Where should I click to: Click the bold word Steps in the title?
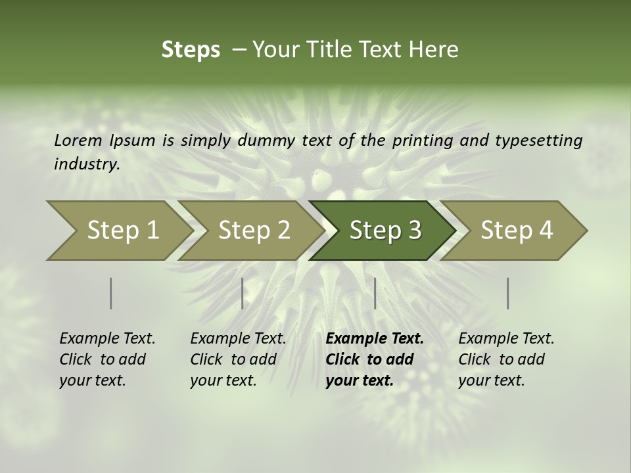tap(191, 50)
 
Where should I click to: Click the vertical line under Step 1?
tap(111, 293)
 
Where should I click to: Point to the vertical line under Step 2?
tap(243, 293)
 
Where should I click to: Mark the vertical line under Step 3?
tap(375, 293)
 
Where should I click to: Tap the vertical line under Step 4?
tap(508, 293)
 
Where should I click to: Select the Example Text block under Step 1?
tap(107, 359)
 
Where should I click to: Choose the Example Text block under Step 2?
tap(238, 359)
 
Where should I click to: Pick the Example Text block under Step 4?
tap(506, 359)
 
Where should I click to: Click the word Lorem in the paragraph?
tap(78, 140)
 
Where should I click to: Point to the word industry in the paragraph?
tap(86, 164)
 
